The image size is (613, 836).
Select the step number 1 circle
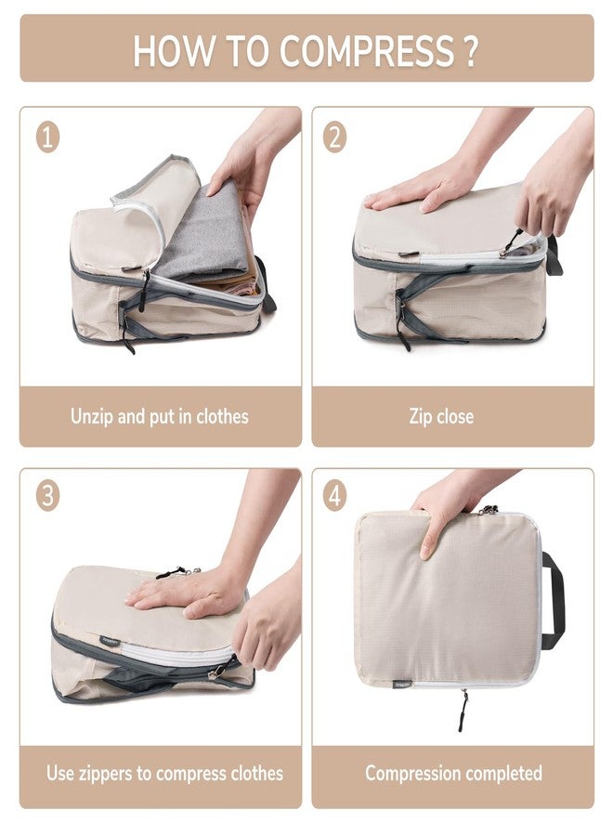[x=48, y=137]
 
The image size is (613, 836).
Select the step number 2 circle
[x=335, y=137]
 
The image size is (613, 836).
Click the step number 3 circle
[x=48, y=495]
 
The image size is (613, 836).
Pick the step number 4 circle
[x=335, y=495]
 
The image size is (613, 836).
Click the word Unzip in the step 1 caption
[x=92, y=416]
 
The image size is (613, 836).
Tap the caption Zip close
[x=441, y=416]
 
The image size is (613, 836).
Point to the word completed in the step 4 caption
[x=497, y=773]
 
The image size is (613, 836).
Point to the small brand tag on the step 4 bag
[x=377, y=686]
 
